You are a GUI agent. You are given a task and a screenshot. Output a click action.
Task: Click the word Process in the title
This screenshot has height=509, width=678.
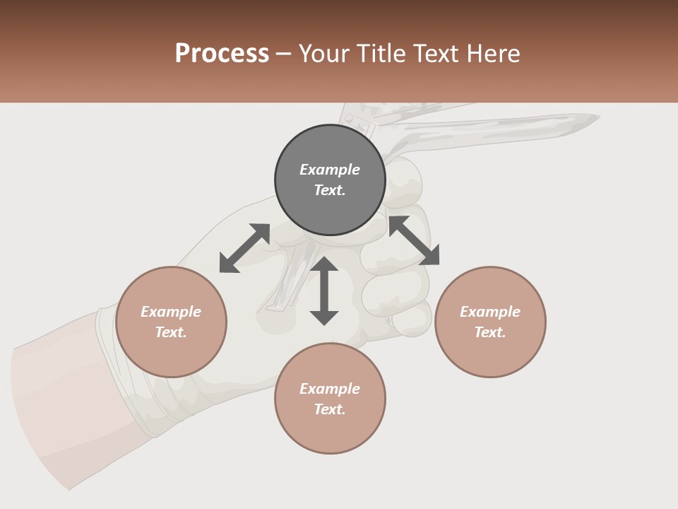[x=222, y=54]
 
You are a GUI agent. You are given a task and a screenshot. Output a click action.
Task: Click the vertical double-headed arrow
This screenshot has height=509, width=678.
[x=324, y=291]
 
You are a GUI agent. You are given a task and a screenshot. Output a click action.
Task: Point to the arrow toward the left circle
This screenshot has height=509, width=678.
[x=244, y=248]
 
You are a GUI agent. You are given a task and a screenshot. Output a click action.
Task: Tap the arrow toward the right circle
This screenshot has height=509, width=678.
[x=415, y=240]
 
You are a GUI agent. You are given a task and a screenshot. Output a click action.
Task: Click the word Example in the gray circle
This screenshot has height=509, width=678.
[x=330, y=170]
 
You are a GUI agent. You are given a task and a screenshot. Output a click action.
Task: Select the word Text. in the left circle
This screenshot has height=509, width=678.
[x=171, y=332]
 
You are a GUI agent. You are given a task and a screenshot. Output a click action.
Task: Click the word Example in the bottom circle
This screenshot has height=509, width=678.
[x=330, y=388]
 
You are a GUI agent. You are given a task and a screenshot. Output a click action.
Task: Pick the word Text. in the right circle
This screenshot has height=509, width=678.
[x=490, y=332]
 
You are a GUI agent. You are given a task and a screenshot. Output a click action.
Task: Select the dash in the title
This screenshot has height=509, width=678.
[x=283, y=54]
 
